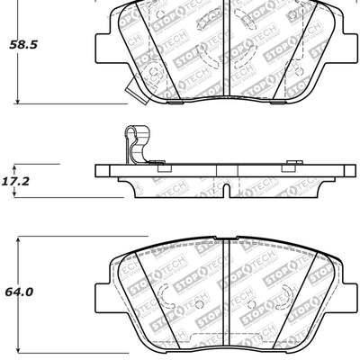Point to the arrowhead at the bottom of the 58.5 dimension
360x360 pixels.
20,101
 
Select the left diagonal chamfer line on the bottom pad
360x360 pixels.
144,288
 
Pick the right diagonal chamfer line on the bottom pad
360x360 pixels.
310,288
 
